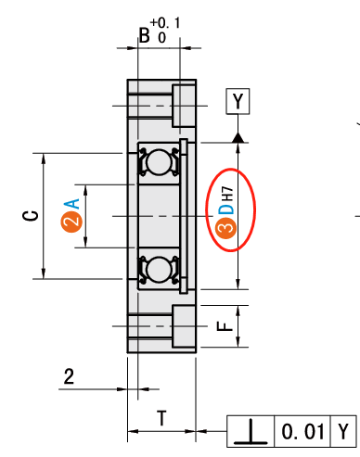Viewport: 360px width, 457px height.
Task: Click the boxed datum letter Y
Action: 238,101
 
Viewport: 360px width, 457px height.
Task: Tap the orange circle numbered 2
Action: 71,222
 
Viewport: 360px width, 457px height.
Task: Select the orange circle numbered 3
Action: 225,228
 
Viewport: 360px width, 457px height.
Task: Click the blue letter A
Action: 71,204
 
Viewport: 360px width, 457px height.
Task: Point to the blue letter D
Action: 226,209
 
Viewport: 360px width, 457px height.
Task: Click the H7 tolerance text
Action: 227,193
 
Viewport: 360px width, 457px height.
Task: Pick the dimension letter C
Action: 31,216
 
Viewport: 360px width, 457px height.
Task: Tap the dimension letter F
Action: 225,326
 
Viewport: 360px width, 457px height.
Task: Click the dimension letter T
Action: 161,418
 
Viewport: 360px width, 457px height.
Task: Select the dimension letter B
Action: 145,35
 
